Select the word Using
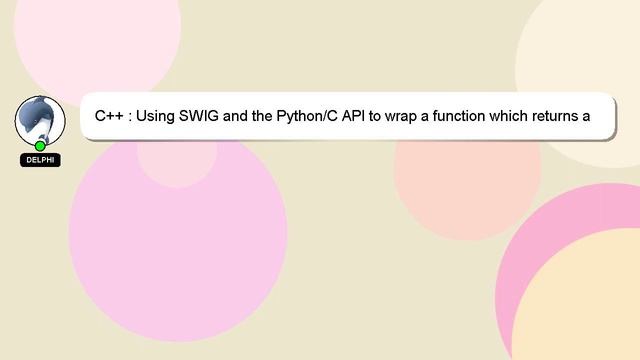point(154,116)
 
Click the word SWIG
point(198,116)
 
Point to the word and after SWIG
point(236,116)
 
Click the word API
point(354,116)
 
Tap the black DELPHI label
point(40,160)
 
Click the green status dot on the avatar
point(40,146)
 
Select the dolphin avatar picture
point(39,118)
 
